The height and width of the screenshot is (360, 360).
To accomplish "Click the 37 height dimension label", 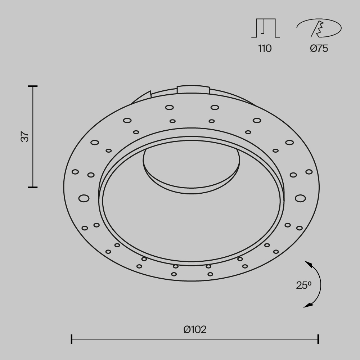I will point(24,137).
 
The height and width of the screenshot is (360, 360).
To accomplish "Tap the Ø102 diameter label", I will point(195,329).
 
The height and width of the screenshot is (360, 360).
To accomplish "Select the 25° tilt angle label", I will point(303,285).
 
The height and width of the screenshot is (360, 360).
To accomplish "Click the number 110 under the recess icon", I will point(265,49).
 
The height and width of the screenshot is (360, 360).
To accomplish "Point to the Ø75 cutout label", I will point(319,49).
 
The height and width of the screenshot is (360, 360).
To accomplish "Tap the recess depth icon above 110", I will point(265,28).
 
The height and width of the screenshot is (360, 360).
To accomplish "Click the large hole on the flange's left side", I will point(84,198).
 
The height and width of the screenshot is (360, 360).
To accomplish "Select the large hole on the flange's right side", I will point(300,198).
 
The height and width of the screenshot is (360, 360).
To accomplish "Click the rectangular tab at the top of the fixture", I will point(193,89).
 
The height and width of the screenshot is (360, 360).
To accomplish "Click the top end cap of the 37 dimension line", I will point(33,86).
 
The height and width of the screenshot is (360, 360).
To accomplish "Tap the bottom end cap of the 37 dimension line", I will point(33,187).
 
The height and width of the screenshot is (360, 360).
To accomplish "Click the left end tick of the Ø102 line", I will point(72,339).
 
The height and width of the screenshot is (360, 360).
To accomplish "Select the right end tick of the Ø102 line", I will point(318,339).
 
